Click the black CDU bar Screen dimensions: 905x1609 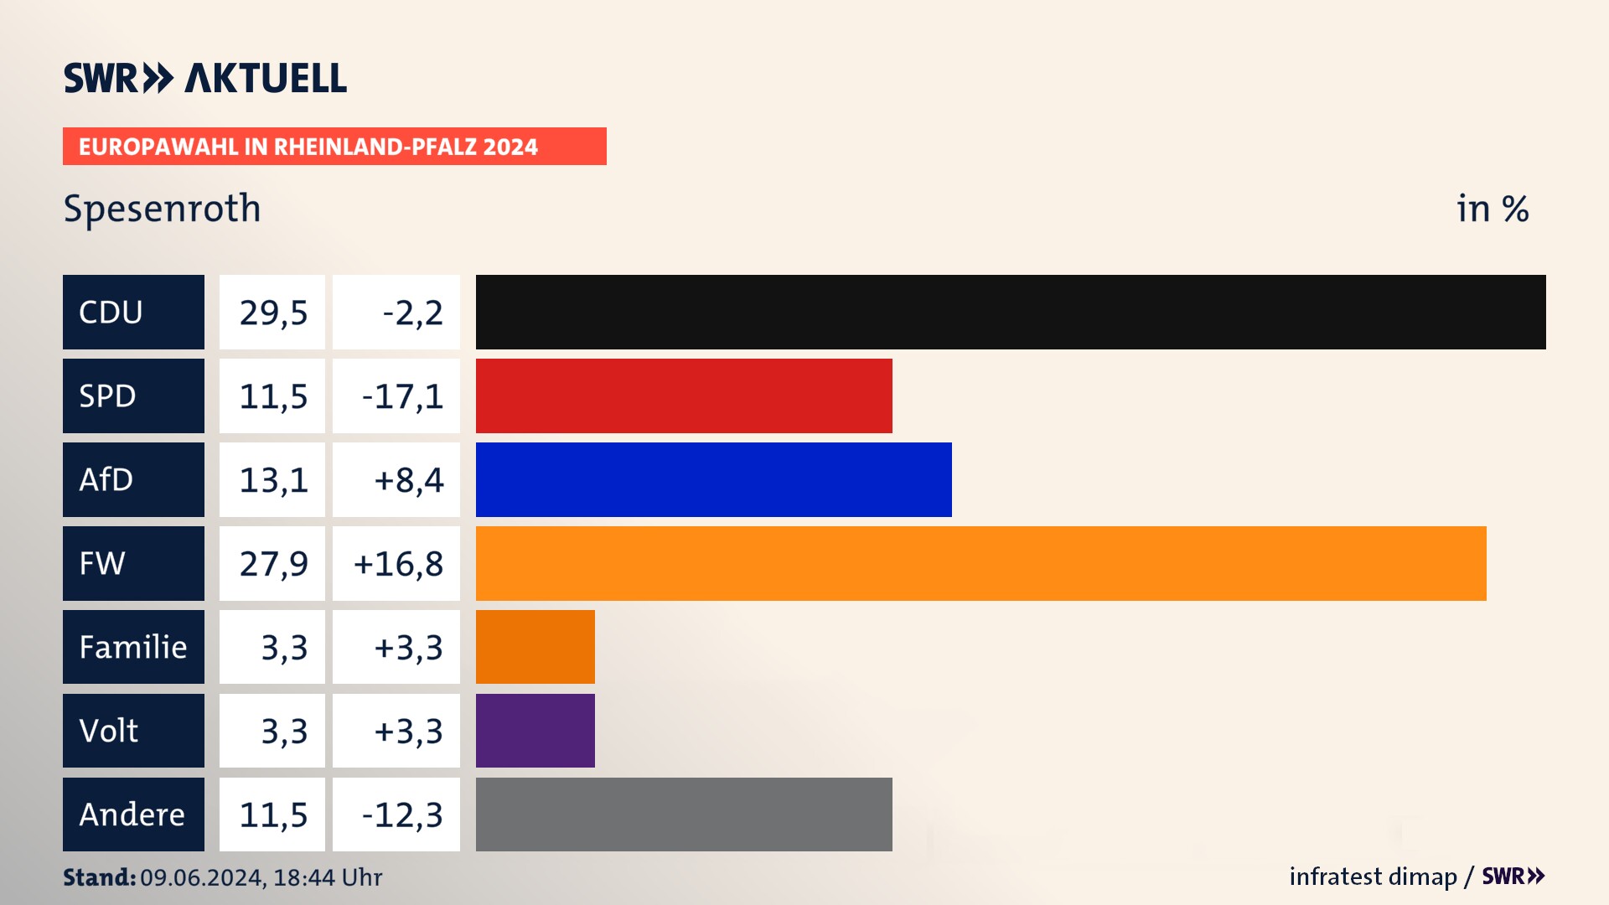coord(1010,312)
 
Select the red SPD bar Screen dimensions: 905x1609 coord(684,396)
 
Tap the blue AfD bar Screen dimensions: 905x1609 coord(713,479)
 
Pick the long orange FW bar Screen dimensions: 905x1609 coord(980,563)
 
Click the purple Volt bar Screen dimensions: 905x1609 coord(535,731)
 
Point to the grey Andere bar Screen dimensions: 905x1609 coord(684,814)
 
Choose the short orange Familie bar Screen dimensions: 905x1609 coord(535,647)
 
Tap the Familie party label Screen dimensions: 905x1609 coord(133,647)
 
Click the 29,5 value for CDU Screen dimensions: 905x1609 coord(273,313)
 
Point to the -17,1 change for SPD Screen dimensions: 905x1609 coord(402,396)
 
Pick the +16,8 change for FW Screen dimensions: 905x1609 coord(398,564)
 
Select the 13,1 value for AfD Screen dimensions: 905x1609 coord(273,480)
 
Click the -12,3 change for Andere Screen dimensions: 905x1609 coord(402,815)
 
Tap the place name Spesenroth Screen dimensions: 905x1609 coord(162,209)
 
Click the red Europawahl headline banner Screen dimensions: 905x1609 coord(334,147)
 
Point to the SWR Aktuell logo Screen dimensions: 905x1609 coord(204,78)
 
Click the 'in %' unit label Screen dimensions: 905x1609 coord(1492,209)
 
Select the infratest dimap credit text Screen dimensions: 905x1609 coord(1373,877)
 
